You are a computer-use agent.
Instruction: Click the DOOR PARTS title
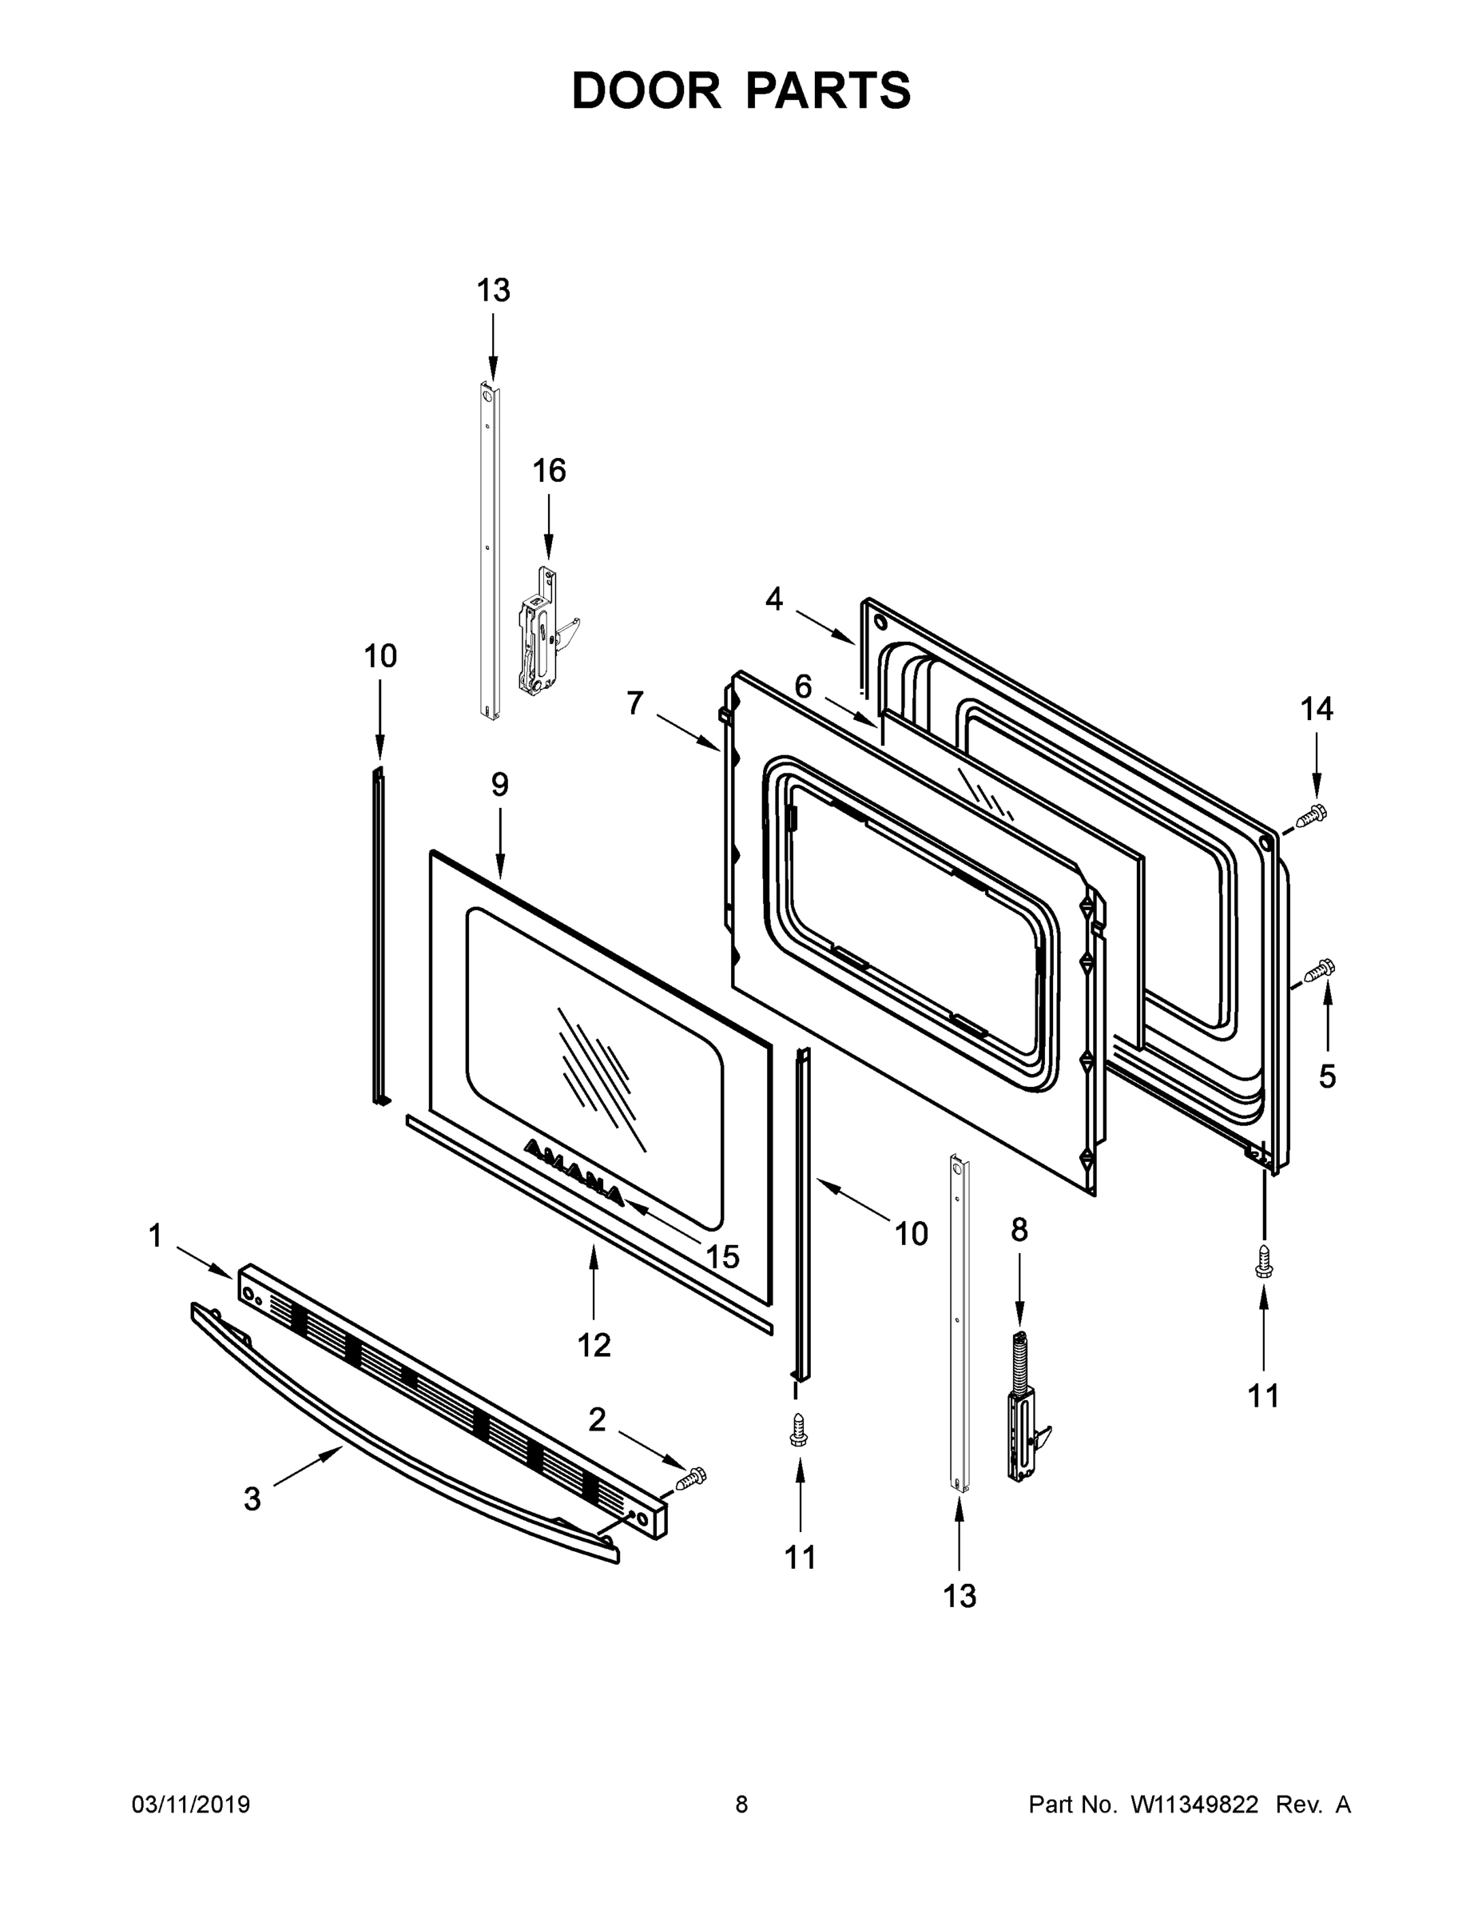(x=741, y=90)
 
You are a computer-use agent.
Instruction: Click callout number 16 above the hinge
(x=549, y=472)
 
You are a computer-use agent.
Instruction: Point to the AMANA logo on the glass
(x=573, y=1172)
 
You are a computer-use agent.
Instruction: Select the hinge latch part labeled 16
(x=540, y=631)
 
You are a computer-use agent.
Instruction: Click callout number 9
(x=499, y=784)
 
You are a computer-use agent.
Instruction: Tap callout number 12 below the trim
(x=594, y=1344)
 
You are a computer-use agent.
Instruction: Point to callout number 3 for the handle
(x=252, y=1499)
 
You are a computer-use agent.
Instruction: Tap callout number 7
(x=635, y=702)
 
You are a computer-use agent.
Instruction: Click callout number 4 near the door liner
(x=773, y=599)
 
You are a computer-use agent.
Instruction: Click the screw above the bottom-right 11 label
(x=1263, y=1261)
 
